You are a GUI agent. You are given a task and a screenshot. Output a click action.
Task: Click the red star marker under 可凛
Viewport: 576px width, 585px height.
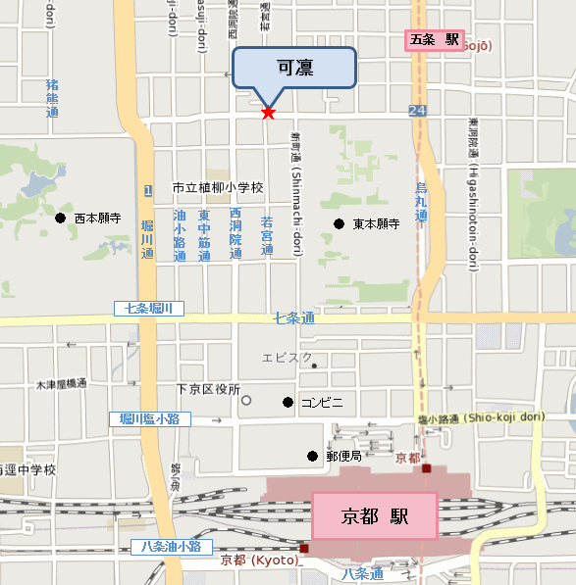coord(268,113)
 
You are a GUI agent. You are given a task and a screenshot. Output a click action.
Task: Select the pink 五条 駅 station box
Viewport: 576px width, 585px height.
coord(436,40)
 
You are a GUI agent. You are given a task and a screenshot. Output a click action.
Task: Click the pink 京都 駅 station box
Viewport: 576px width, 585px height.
coord(374,515)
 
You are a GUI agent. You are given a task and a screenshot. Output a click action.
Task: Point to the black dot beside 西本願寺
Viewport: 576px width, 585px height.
coord(61,218)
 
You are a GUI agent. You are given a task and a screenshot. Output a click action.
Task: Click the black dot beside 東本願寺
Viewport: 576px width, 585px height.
coord(339,223)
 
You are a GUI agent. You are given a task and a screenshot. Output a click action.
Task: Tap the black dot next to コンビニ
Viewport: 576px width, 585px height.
coord(288,402)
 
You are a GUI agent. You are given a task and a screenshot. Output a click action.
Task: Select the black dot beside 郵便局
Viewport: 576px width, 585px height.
coord(312,456)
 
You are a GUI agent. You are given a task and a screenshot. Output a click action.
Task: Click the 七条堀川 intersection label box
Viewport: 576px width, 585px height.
coord(149,308)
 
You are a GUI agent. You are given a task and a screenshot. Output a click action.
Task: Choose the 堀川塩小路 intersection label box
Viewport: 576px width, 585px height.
coord(149,418)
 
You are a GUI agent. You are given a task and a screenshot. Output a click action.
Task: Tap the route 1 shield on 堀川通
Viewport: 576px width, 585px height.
coord(146,189)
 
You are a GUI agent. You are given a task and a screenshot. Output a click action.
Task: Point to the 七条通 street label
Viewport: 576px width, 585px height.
coord(293,318)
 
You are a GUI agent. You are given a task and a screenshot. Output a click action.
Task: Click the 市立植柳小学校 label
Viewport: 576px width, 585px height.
coord(218,187)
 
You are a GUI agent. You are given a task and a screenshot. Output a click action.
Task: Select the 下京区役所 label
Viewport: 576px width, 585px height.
coord(208,389)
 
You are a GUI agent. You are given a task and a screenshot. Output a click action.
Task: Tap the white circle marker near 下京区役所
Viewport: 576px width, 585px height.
coord(246,400)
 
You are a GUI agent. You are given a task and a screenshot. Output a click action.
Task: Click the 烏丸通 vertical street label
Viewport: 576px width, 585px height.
coord(421,202)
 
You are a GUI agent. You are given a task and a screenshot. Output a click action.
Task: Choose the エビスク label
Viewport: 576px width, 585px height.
coord(287,359)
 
